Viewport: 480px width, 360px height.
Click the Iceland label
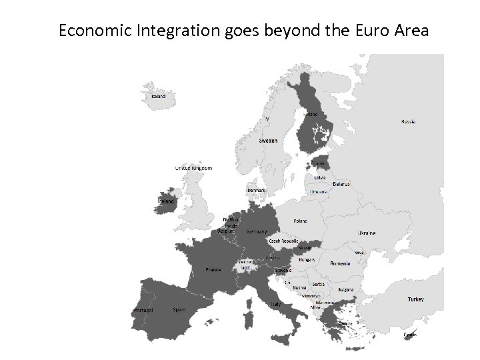pyautogui.click(x=159, y=96)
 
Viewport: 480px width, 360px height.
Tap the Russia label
pyautogui.click(x=409, y=121)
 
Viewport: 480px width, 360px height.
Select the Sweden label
pyautogui.click(x=268, y=141)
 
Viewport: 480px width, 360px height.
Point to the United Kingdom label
pyautogui.click(x=193, y=169)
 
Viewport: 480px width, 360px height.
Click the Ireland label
pyautogui.click(x=165, y=201)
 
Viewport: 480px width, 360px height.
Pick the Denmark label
pyautogui.click(x=257, y=190)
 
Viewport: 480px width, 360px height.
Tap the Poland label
pyautogui.click(x=301, y=220)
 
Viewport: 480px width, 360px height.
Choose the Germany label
pyautogui.click(x=257, y=231)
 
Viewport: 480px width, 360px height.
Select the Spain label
pyautogui.click(x=179, y=309)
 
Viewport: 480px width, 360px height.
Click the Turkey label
pyautogui.click(x=415, y=299)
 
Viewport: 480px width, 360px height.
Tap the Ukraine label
pyautogui.click(x=367, y=233)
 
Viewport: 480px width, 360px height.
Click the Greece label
pyautogui.click(x=345, y=323)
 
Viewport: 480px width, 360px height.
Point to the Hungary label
pyautogui.click(x=307, y=259)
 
